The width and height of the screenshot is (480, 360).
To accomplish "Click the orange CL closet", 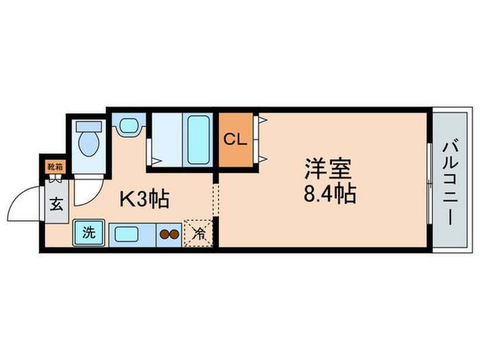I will (234, 139).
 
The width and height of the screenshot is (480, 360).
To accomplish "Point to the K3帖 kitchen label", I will (145, 200).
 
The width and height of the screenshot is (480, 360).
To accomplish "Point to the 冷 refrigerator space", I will (198, 232).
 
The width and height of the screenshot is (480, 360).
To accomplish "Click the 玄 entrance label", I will (56, 203).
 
